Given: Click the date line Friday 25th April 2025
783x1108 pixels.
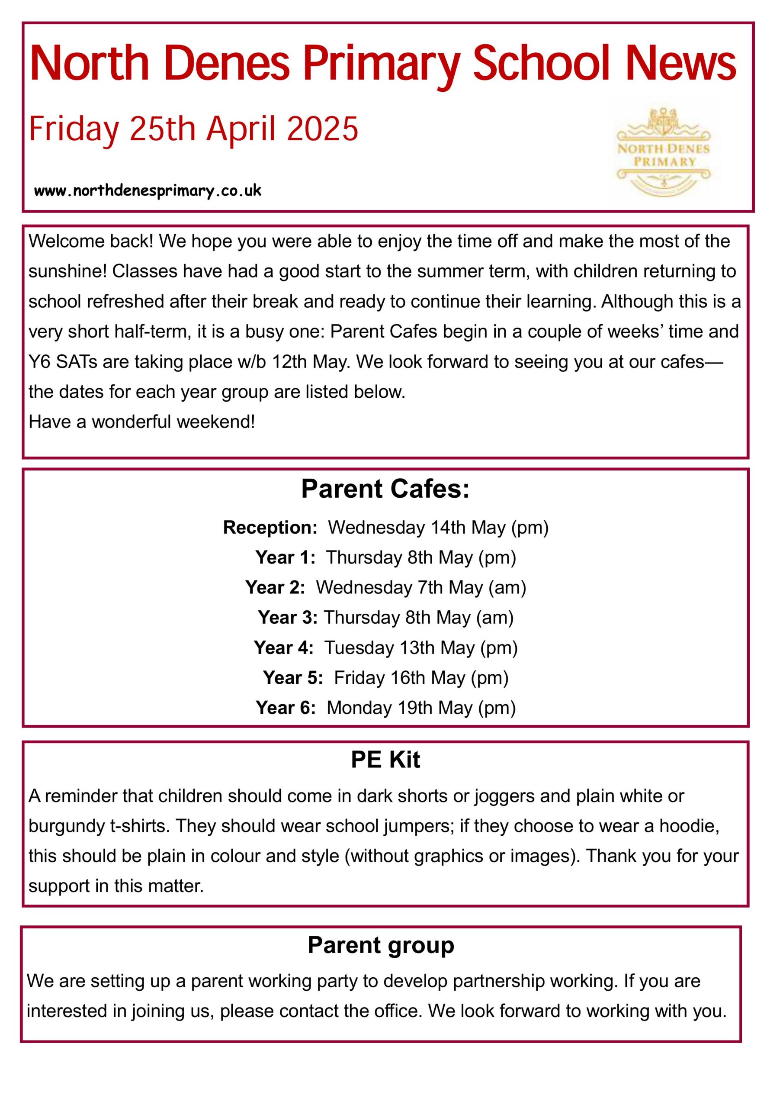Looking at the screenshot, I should [x=193, y=129].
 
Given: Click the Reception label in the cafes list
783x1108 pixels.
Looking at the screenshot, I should [x=270, y=528].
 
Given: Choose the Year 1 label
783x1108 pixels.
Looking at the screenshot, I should [x=285, y=557].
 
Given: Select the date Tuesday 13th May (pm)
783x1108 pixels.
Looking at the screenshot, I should [x=420, y=647].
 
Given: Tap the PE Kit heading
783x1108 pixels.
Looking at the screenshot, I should [x=385, y=760].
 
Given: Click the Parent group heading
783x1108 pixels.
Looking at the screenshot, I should [x=381, y=945].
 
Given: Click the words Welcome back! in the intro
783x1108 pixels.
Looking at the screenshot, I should [x=91, y=241].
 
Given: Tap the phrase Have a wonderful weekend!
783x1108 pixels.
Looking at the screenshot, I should [x=141, y=422].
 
